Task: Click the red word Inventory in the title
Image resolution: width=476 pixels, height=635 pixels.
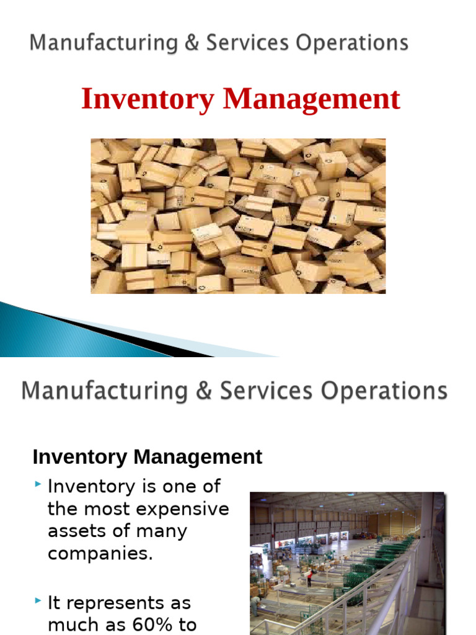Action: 147,100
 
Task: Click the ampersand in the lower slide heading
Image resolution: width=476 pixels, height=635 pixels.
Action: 203,391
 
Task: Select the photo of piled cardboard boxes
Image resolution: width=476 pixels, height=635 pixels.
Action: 238,215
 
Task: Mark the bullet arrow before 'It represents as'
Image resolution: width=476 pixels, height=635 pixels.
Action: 38,600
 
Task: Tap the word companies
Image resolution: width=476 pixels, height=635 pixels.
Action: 99,554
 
